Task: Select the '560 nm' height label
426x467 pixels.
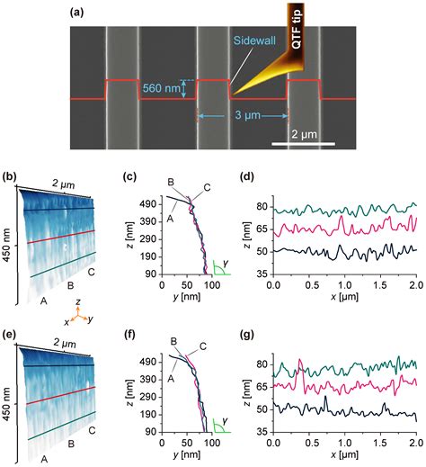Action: [x=161, y=88]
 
